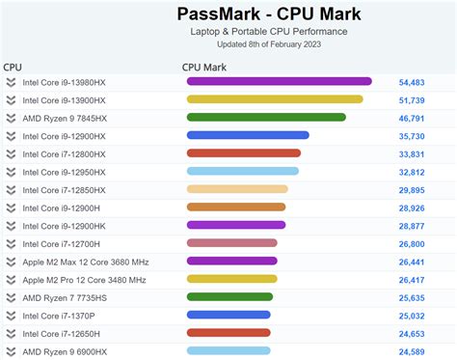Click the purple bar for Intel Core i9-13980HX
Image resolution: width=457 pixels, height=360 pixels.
(x=279, y=81)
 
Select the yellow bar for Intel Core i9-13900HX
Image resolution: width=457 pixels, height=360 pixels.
(x=275, y=98)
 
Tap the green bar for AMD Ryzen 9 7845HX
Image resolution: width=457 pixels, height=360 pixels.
(x=266, y=117)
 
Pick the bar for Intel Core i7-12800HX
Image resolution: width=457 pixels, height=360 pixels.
(x=244, y=152)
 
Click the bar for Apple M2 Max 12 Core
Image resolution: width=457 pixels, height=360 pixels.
(x=231, y=261)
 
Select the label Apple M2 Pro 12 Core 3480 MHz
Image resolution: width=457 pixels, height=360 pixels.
(x=84, y=279)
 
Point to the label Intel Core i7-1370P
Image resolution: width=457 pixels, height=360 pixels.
(x=59, y=315)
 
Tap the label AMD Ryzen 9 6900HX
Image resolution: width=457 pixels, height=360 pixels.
(x=64, y=351)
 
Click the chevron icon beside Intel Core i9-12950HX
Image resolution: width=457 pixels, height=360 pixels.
(x=11, y=171)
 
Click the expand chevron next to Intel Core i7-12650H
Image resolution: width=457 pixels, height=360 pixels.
(x=11, y=333)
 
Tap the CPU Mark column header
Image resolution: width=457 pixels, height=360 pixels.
(x=204, y=67)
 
